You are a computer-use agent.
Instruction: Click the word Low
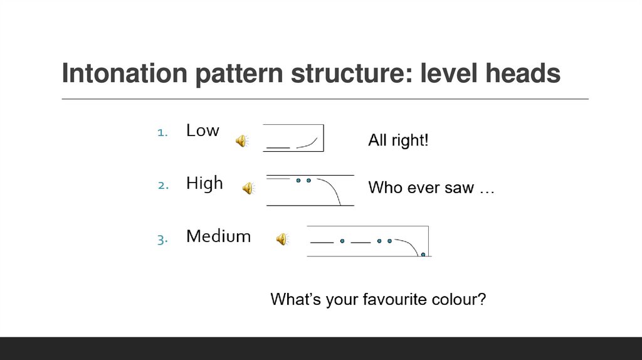[x=203, y=130]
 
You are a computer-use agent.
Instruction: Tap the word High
[x=204, y=183]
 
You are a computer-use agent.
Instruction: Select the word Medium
[x=218, y=236]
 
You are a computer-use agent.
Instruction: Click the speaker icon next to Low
[x=241, y=141]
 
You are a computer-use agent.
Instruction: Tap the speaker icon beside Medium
[x=282, y=239]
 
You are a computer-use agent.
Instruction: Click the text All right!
[x=398, y=140]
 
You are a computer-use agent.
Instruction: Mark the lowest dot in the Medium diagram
[x=423, y=255]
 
